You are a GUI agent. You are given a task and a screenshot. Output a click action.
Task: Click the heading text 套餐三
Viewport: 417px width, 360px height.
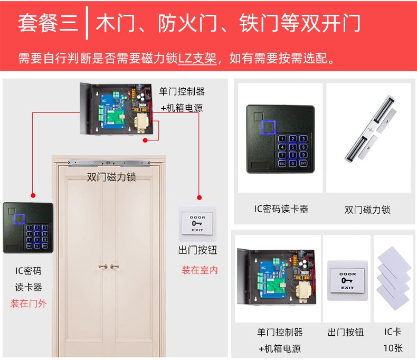click(48, 23)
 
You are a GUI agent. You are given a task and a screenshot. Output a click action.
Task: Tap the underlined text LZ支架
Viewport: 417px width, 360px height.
click(197, 58)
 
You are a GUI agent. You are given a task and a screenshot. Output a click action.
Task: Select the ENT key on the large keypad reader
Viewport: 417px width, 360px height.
click(303, 163)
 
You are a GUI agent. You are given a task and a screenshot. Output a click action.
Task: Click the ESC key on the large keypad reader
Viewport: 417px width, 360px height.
click(282, 163)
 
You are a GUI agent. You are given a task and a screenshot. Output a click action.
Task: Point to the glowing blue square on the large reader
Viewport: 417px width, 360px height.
click(269, 127)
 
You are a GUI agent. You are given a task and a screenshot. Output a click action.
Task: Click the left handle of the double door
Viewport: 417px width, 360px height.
click(103, 266)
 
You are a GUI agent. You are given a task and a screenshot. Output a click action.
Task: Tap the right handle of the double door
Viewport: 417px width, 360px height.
click(115, 266)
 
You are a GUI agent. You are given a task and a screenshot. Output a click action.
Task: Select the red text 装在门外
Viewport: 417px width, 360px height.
click(29, 304)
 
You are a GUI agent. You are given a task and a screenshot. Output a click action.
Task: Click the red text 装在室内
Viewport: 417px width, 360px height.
click(200, 270)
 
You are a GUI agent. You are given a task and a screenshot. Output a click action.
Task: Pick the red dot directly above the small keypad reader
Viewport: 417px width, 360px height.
click(33, 195)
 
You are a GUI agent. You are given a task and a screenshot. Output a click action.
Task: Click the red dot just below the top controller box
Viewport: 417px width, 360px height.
click(145, 140)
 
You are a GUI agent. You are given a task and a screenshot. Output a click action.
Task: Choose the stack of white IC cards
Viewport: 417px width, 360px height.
click(394, 278)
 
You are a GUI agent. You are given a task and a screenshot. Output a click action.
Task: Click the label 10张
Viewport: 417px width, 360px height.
click(393, 348)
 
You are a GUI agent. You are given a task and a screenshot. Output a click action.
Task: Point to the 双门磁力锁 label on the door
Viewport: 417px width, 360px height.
click(111, 177)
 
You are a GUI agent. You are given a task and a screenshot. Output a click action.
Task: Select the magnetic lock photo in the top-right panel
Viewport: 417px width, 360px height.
click(370, 129)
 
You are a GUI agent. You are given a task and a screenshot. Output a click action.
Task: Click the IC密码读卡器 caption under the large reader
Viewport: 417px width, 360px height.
click(281, 209)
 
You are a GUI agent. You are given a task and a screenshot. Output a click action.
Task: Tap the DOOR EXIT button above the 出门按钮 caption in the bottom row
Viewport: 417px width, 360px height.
click(347, 281)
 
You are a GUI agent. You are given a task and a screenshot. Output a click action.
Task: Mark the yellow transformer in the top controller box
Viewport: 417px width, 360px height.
click(142, 123)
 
